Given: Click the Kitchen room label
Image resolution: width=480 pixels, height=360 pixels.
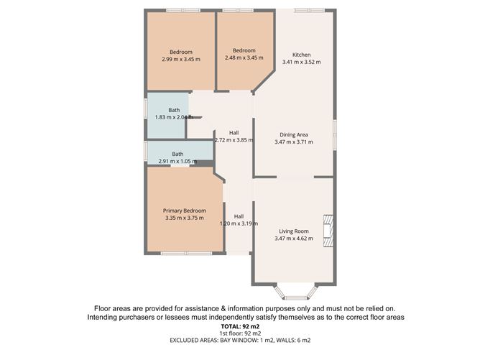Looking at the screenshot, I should [301, 55].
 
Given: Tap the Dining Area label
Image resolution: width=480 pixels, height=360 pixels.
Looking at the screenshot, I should [293, 134].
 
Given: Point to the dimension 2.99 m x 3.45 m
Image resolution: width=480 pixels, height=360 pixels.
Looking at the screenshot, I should [181, 59].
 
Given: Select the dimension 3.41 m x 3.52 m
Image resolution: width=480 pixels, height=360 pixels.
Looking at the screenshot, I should [301, 63].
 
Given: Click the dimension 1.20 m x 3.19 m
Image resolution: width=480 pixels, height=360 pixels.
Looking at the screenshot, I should [239, 223].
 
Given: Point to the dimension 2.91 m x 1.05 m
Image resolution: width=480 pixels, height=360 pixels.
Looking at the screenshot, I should [177, 162].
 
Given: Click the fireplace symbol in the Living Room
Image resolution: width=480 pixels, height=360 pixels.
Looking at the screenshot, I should [328, 231].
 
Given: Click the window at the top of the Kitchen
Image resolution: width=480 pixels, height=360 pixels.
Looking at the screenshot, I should [309, 10].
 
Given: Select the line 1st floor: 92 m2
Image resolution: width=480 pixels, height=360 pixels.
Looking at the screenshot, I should [241, 334].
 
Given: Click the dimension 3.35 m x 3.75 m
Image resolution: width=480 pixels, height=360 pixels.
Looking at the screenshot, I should [184, 218].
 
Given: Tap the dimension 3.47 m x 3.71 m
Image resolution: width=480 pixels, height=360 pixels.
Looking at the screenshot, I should [293, 142].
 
